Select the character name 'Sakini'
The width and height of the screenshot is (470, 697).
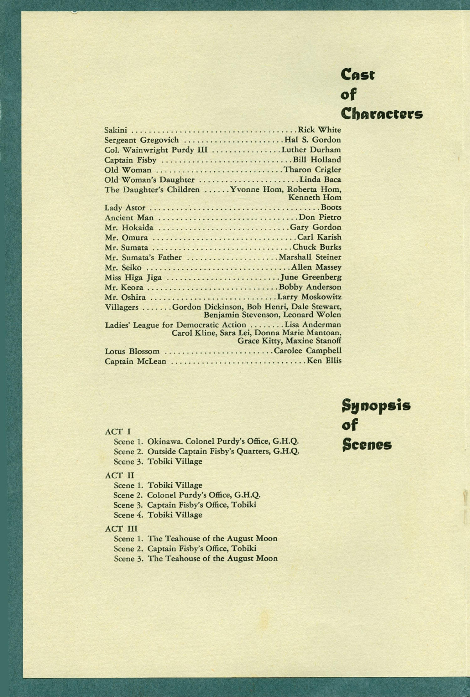point(116,130)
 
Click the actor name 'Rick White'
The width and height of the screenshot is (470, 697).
point(319,130)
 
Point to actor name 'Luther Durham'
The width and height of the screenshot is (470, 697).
point(311,150)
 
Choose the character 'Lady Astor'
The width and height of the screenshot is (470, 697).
point(125,208)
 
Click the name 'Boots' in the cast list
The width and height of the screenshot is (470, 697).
point(331,207)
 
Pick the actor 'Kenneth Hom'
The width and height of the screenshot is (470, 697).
point(315,198)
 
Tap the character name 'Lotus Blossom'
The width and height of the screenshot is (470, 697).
point(132,351)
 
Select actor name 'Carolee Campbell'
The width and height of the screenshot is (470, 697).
point(308,351)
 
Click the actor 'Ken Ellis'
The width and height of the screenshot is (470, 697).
point(324,361)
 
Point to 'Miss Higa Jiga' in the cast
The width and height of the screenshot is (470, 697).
point(133,277)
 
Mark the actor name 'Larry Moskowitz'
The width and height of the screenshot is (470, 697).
point(309,297)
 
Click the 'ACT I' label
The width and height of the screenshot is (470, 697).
point(118,431)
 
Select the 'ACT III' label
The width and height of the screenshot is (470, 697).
point(121,529)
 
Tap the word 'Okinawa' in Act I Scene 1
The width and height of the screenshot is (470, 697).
point(165,441)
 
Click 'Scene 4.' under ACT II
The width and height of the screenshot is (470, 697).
point(128,515)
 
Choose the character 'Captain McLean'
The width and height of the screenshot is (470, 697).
point(135,361)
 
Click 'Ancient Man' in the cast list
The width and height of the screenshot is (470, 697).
point(129,218)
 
